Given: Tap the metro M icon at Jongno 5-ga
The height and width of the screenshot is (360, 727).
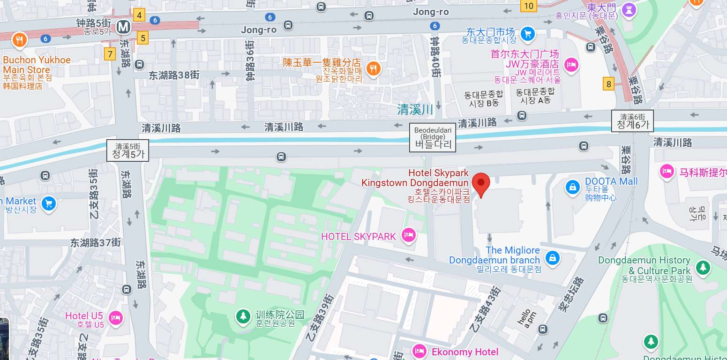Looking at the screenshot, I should point(124,27).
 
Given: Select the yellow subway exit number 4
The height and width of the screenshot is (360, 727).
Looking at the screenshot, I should point(139,15).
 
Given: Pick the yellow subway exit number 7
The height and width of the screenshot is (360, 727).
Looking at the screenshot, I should point(110,54).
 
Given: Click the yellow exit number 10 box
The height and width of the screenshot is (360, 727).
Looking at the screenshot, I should point(529,6).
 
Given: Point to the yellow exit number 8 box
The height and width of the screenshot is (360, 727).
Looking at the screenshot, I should point(608,84).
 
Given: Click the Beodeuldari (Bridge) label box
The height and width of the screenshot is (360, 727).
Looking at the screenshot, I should point(433,138).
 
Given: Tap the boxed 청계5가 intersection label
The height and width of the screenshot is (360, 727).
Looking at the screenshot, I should point(127,150).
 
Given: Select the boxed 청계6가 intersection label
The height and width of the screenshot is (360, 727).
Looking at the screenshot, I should point(632,121).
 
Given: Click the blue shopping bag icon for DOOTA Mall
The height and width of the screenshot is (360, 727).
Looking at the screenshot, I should point(572,187).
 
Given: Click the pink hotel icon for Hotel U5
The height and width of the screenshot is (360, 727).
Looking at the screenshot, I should point(115,318).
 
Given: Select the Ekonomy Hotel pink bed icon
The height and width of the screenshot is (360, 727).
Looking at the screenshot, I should point(419,351).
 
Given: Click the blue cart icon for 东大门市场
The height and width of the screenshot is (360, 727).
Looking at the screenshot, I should point(528,33).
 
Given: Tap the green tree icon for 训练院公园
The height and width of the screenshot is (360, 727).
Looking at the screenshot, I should point(243,317).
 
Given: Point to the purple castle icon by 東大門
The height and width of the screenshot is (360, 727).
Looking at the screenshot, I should point(630,8).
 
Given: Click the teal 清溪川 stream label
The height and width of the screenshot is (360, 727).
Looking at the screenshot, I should point(415,110).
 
